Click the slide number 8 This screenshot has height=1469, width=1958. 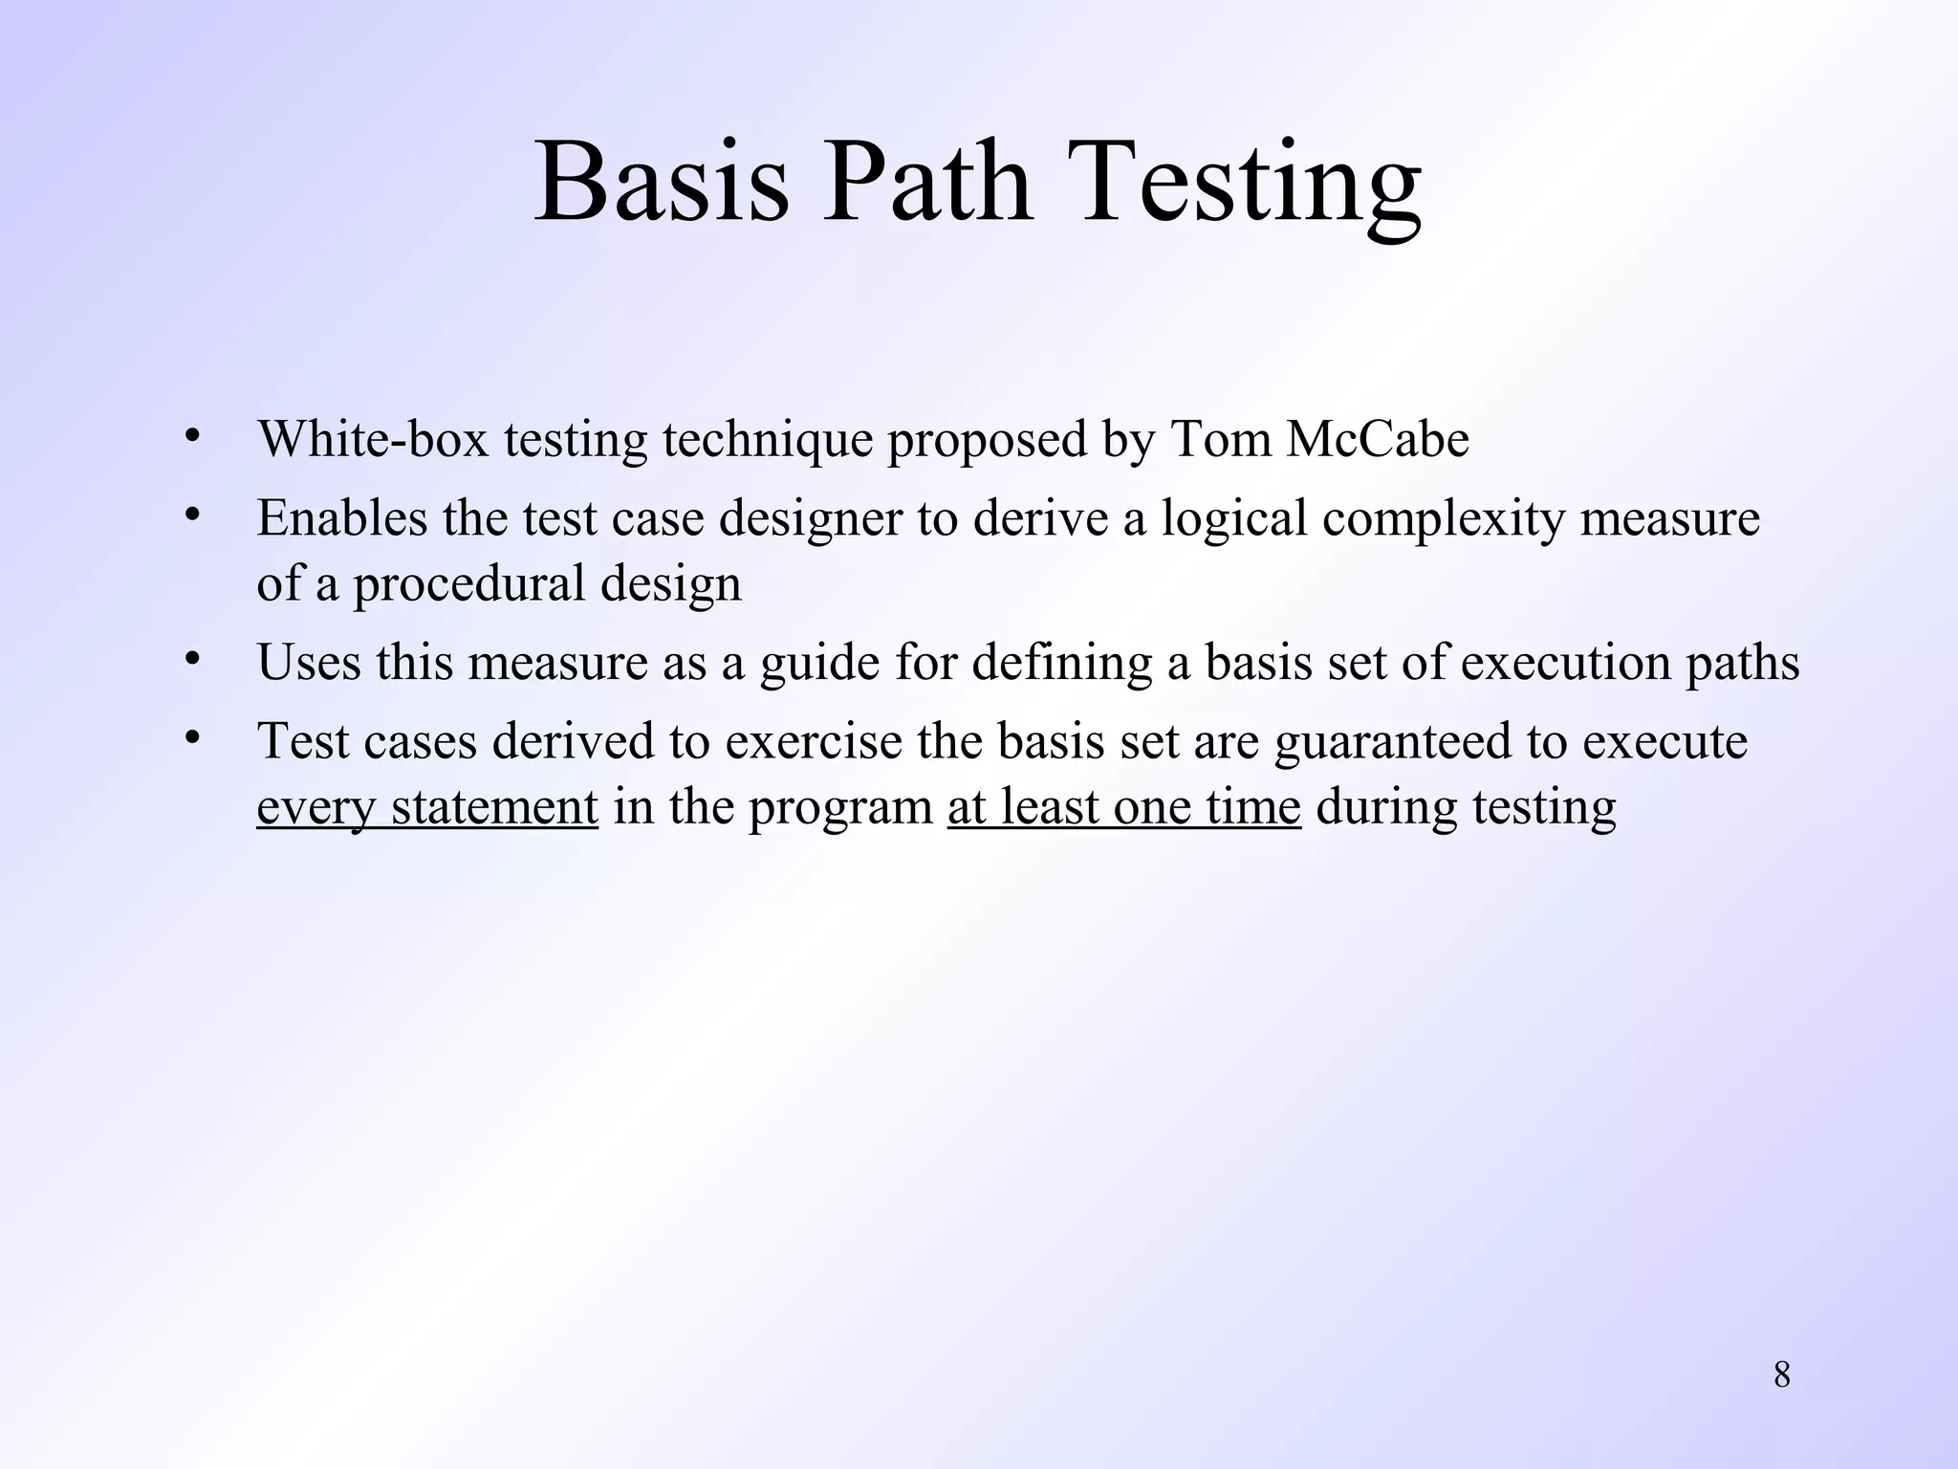point(1782,1375)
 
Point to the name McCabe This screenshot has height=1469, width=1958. point(1378,440)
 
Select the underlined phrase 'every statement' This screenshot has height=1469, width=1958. point(427,806)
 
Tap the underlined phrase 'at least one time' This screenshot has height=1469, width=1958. point(1124,806)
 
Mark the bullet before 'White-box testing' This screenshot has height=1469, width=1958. point(192,436)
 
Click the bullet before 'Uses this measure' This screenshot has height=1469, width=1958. point(192,659)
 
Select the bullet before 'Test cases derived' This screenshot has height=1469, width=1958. point(192,737)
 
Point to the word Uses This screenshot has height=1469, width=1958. point(309,662)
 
